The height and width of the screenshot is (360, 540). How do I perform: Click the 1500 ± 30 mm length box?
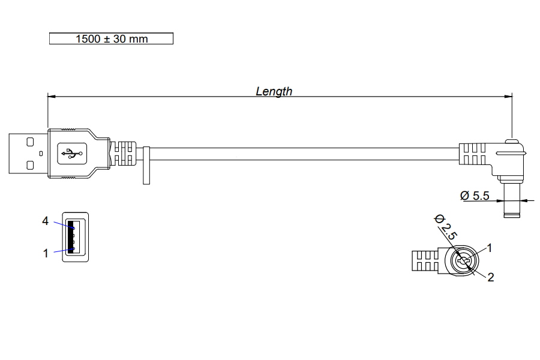111,39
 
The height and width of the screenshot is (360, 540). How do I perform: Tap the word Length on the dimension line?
274,91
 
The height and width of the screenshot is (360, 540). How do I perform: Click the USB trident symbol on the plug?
71,154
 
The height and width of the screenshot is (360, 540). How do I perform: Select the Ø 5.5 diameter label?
475,196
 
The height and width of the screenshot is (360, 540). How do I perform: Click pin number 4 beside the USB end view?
45,221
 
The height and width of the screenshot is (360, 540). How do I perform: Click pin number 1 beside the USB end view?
45,253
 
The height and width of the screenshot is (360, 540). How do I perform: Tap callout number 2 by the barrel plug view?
490,277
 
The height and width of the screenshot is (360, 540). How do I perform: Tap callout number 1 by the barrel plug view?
490,247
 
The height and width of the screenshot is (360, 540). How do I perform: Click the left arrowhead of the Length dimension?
51,96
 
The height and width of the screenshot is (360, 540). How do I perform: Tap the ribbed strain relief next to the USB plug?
123,154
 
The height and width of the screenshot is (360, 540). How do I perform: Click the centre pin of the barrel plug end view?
463,262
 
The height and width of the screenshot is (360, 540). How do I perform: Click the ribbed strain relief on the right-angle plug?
473,154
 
